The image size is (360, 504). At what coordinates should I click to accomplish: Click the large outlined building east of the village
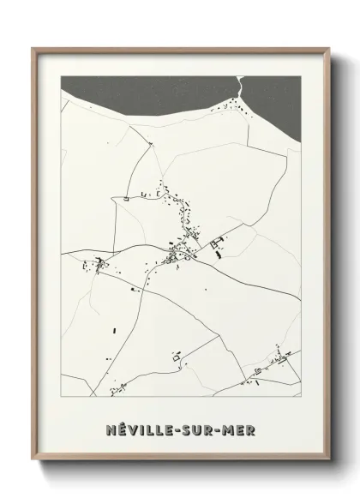coord(215,244)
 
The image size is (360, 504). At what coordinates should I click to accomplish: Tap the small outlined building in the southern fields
coord(177,353)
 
